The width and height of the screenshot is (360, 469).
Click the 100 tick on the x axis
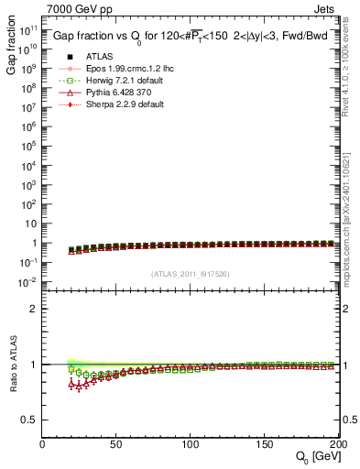tap(191, 445)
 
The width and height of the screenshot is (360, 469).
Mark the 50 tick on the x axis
tap(117, 445)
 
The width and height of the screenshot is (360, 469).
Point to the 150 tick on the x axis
tap(266, 445)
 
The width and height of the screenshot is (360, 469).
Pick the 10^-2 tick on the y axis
tap(29, 282)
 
